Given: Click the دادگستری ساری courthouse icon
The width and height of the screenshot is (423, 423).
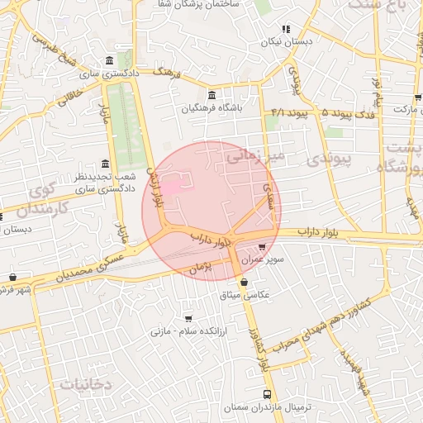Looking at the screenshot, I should point(111,60).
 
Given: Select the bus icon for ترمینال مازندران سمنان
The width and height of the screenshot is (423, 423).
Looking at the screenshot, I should point(266,394).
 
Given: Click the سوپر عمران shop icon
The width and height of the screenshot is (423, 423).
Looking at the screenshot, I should point(262,246).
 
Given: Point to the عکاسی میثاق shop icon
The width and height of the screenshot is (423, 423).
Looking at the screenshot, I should point(242,282).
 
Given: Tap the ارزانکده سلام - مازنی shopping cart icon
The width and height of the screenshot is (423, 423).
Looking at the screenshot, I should point(188,318).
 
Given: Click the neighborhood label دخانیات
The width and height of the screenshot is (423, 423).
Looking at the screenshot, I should point(85,384).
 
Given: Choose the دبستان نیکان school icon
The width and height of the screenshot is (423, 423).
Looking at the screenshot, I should point(286,29).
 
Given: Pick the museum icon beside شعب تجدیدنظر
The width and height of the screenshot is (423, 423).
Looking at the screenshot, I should point(104,164).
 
